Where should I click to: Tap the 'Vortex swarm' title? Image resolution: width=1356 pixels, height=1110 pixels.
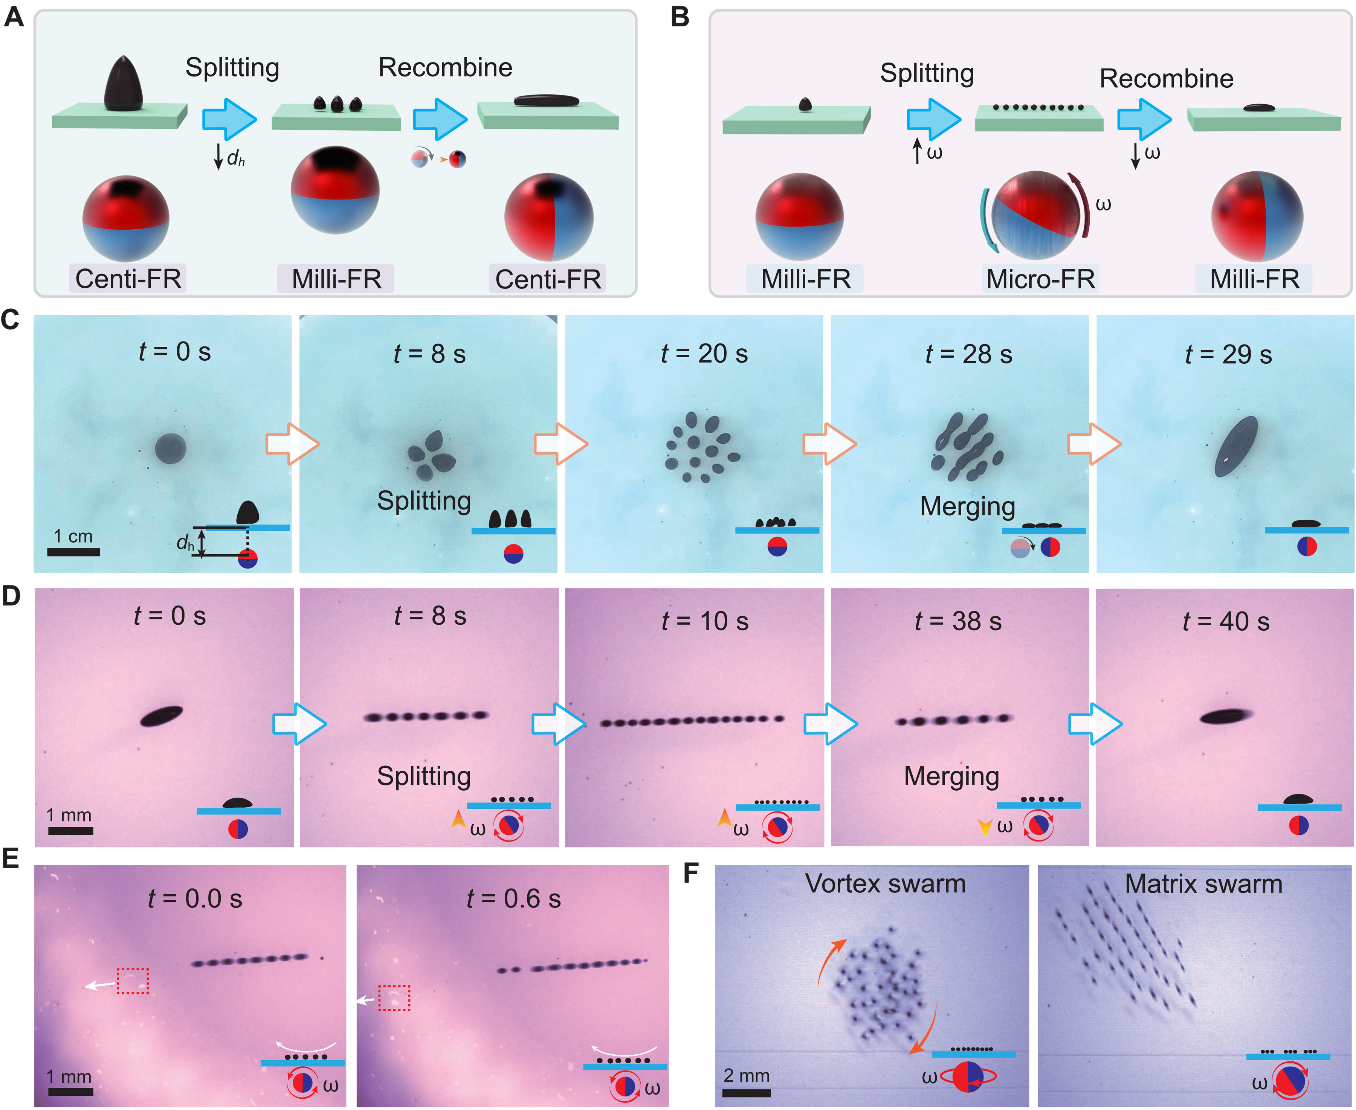tap(885, 884)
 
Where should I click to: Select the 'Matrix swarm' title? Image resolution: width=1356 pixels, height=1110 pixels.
tap(1203, 884)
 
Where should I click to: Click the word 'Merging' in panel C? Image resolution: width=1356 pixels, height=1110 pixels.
tap(967, 506)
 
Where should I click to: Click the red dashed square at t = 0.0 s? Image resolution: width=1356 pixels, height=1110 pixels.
tap(133, 981)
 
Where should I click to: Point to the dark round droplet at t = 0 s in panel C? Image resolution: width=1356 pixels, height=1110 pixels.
tap(171, 448)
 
